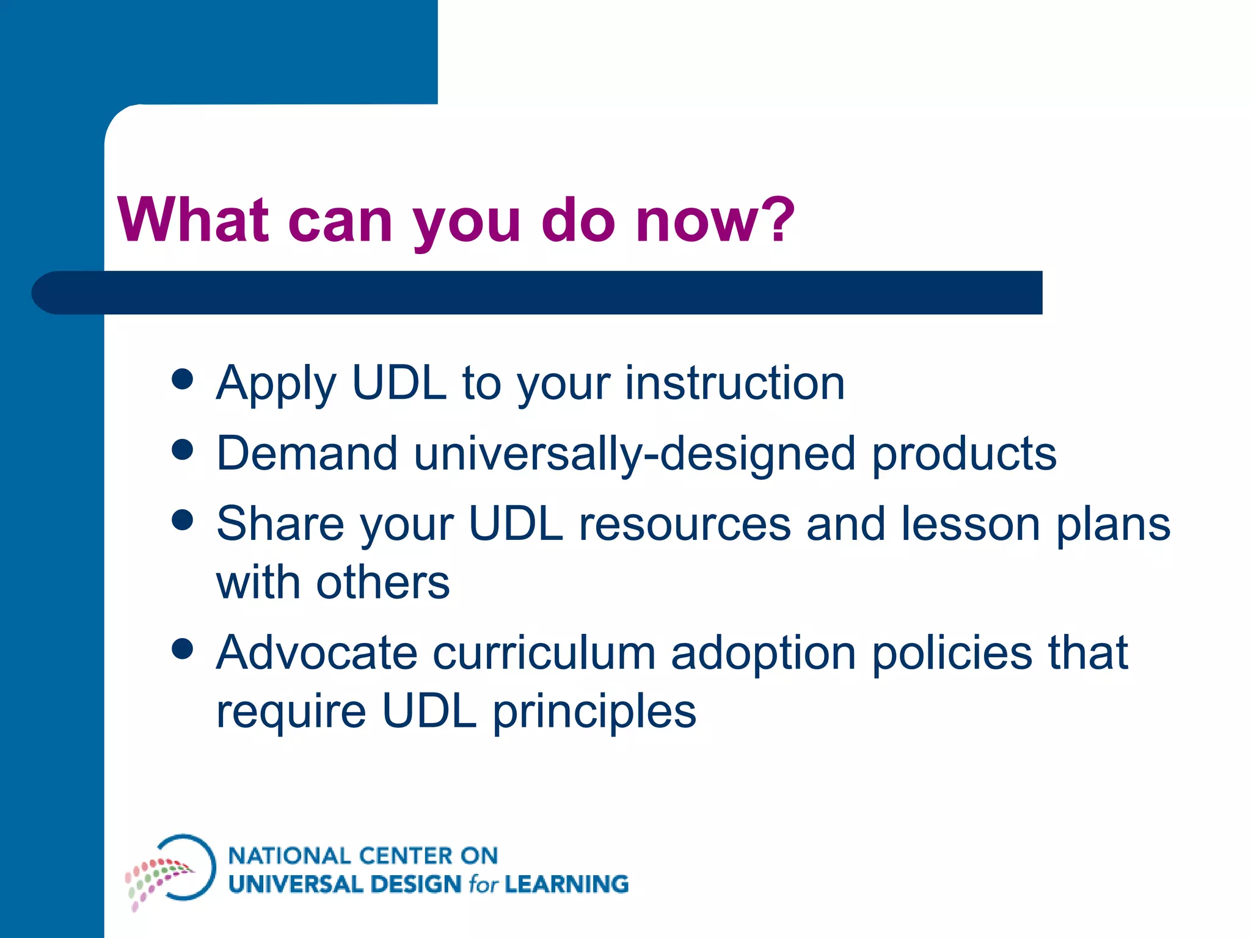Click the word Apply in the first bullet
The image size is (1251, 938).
point(276,384)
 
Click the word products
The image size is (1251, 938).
point(963,454)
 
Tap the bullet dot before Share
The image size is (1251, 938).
point(183,520)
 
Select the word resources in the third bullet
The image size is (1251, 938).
point(684,524)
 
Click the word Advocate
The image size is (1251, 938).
point(317,653)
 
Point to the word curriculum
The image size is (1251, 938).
point(544,653)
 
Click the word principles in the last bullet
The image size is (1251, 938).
point(594,712)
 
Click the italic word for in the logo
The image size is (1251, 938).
point(483,884)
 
